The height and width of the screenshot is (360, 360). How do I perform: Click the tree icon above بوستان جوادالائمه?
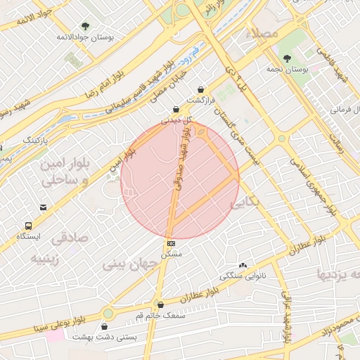pos(86,26)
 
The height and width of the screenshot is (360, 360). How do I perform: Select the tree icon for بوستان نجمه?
pos(288,58)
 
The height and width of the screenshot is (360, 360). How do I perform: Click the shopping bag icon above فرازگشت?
pos(202,89)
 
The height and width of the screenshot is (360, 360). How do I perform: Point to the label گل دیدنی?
pos(175,120)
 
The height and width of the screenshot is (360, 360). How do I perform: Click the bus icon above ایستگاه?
pos(29,226)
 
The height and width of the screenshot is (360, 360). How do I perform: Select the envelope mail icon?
pos(44,207)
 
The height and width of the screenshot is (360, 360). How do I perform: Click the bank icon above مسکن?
pos(171,243)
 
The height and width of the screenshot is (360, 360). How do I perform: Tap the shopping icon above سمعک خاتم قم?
pos(161,305)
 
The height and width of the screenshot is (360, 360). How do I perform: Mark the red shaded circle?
pos(180,179)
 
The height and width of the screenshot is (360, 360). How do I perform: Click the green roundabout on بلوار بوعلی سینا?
pos(108,314)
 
